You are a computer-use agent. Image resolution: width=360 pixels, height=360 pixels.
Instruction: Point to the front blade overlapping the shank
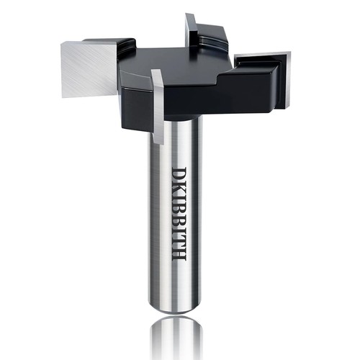pyautogui.click(x=158, y=108)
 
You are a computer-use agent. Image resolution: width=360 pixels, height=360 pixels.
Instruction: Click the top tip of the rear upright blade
pyautogui.click(x=189, y=17)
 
